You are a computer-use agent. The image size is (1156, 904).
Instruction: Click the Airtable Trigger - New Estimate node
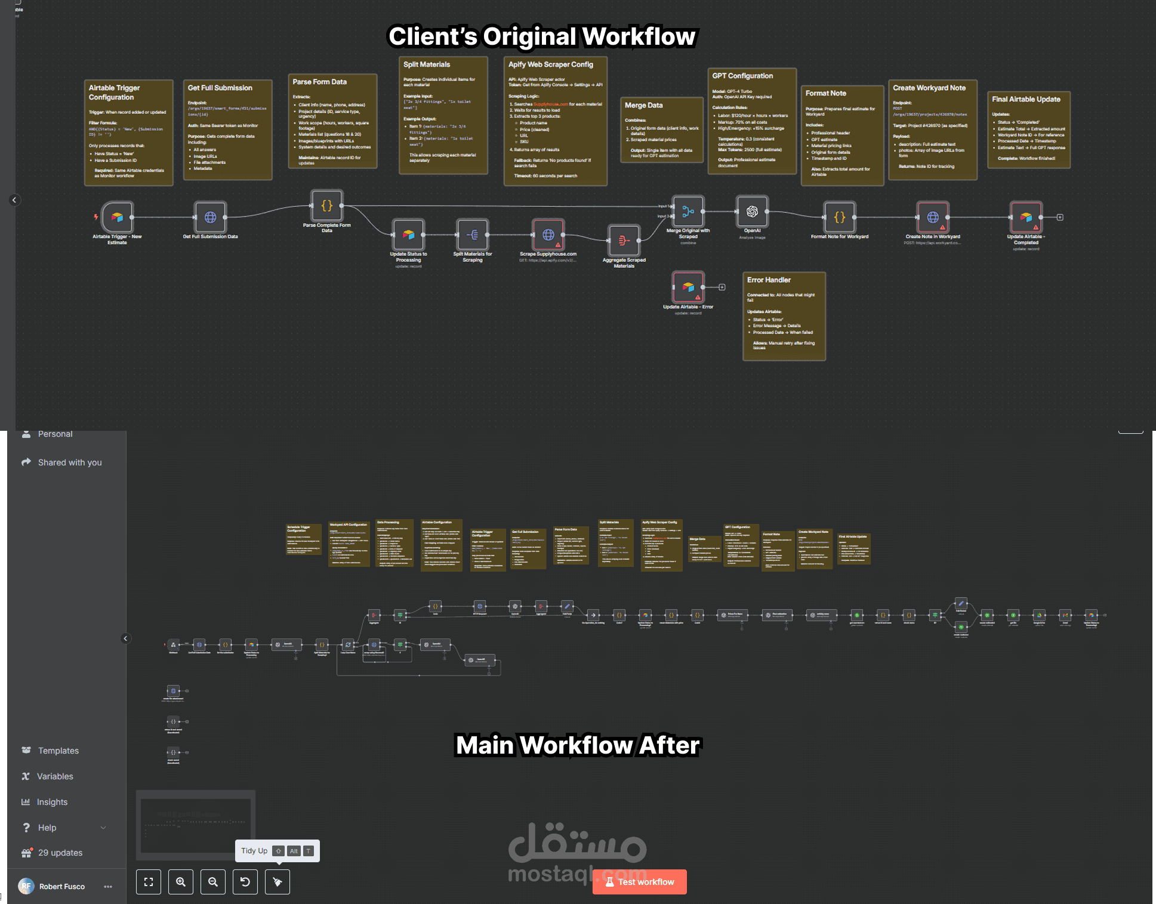[117, 217]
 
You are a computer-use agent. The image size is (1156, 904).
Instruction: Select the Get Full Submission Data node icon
[210, 217]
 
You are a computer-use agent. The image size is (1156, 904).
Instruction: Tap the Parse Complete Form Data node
[326, 206]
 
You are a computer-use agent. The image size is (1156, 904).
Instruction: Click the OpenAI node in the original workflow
[752, 212]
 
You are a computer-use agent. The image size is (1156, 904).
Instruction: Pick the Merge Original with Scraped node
[688, 212]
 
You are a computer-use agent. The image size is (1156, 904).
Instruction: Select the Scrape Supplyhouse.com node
[548, 235]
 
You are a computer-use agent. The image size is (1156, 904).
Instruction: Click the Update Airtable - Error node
[688, 287]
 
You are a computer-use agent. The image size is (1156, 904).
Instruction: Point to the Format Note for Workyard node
[839, 217]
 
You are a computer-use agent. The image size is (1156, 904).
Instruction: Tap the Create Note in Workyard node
[933, 217]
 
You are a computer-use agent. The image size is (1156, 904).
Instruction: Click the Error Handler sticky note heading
[769, 280]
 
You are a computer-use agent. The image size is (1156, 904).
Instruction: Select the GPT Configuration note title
[742, 76]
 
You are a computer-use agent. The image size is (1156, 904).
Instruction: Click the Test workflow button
[639, 882]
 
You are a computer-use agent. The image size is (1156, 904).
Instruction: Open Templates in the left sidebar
[58, 751]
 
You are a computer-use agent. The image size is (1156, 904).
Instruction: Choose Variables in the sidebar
[55, 776]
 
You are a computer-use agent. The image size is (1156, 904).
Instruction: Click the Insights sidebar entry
[52, 802]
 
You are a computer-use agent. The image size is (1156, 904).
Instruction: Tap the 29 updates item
[60, 853]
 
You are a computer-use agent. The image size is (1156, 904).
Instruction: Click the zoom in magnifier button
[181, 882]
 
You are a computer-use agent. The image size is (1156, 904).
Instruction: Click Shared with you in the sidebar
[69, 462]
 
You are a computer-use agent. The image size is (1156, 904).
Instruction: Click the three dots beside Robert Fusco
[108, 887]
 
